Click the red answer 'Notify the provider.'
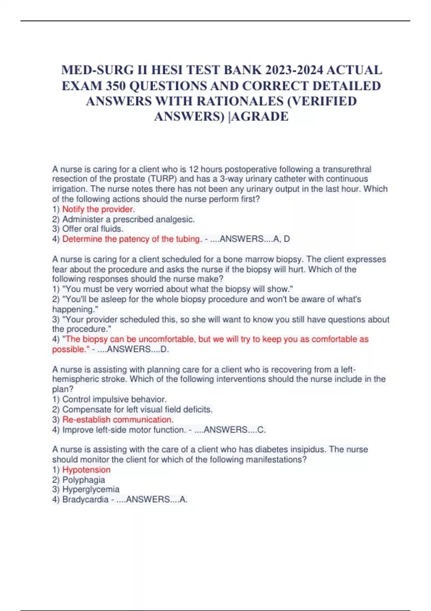pos(98,209)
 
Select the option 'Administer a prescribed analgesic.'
pos(128,219)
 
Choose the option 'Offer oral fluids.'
pos(93,229)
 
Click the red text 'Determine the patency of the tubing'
pos(131,239)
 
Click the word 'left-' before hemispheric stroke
pos(348,369)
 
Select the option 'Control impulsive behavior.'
pos(114,399)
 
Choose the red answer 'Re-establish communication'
pos(117,419)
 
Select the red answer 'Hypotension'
pos(86,470)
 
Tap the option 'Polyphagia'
pos(84,480)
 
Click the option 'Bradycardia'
pos(85,500)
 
